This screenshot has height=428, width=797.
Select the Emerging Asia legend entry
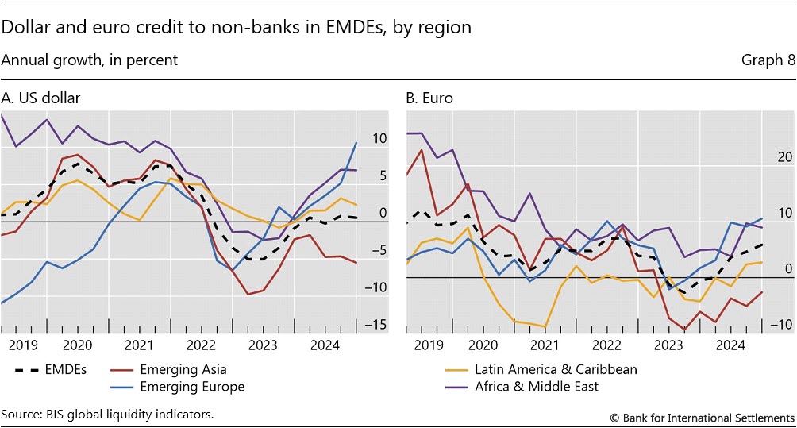(183, 369)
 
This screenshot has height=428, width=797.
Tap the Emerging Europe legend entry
(191, 387)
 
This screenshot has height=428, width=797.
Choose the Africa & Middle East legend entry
(536, 387)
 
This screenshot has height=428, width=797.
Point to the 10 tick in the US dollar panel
(379, 139)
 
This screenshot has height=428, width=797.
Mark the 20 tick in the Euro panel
(784, 157)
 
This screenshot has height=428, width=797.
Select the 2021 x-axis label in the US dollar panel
(139, 345)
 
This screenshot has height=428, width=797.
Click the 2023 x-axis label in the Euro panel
(668, 345)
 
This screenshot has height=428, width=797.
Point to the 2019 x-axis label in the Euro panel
(429, 345)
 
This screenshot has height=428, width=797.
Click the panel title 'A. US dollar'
(40, 98)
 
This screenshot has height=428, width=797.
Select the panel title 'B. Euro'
(429, 98)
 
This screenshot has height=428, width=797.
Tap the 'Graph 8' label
(768, 60)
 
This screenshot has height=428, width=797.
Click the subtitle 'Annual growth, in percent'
(90, 60)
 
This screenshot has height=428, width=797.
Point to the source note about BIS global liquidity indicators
(108, 415)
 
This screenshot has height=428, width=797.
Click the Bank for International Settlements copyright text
(702, 417)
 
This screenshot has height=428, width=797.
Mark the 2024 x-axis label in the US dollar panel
(325, 345)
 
